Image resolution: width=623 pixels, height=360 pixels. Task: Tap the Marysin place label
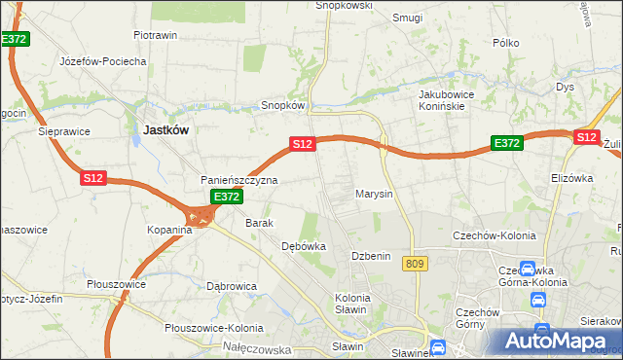click(374, 194)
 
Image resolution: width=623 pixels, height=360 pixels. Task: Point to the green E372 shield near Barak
click(226, 197)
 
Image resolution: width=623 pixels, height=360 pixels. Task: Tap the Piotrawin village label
click(155, 35)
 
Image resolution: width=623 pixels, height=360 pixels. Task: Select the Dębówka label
click(303, 246)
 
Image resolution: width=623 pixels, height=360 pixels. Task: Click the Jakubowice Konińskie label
click(445, 100)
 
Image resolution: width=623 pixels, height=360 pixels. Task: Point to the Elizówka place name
click(571, 178)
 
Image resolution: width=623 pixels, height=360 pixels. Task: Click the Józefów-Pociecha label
click(103, 60)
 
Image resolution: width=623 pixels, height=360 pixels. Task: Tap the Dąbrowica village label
click(232, 286)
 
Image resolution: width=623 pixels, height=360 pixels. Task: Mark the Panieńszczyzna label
click(239, 180)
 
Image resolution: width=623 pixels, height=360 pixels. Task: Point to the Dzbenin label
click(371, 256)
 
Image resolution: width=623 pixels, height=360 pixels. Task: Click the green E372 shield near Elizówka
click(507, 142)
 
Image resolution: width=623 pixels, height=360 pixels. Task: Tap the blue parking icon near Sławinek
click(438, 345)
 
